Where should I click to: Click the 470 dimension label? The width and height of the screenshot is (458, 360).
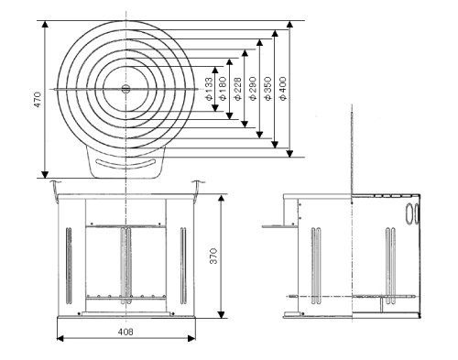38,99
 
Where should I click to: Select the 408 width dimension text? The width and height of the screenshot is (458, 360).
125,332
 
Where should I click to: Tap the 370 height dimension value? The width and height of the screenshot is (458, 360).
213,256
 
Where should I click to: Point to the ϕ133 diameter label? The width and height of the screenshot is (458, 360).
209,89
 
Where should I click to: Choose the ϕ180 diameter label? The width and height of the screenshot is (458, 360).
223,89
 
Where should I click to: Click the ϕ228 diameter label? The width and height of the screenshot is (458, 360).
237,89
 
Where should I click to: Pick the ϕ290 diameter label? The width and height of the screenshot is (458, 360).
253,89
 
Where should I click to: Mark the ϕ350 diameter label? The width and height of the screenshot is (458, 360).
267,89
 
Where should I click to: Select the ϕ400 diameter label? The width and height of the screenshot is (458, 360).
283,89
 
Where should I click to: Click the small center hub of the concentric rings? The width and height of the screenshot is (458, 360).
125,89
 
